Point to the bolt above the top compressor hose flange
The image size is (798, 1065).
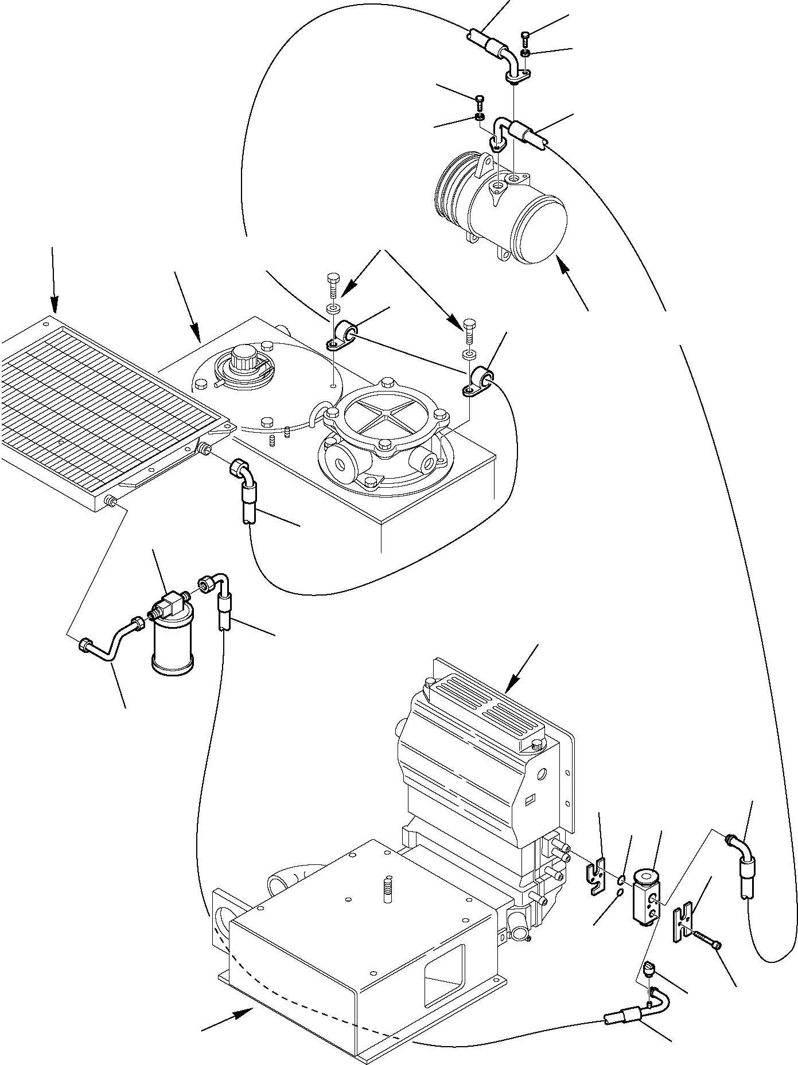[x=527, y=39]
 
